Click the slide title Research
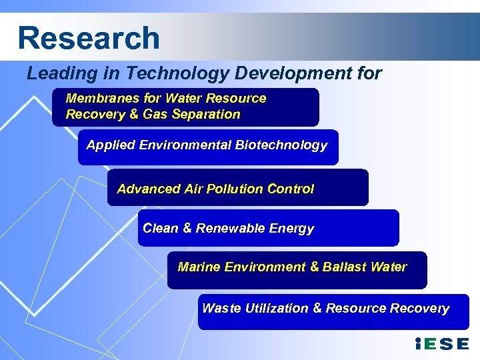point(89,38)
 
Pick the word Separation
point(206,114)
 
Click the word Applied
point(111,145)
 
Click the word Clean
point(161,228)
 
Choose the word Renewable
point(230,228)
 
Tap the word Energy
point(291,229)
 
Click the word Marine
point(199,267)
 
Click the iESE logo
point(442,344)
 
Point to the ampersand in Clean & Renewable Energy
point(187,228)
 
